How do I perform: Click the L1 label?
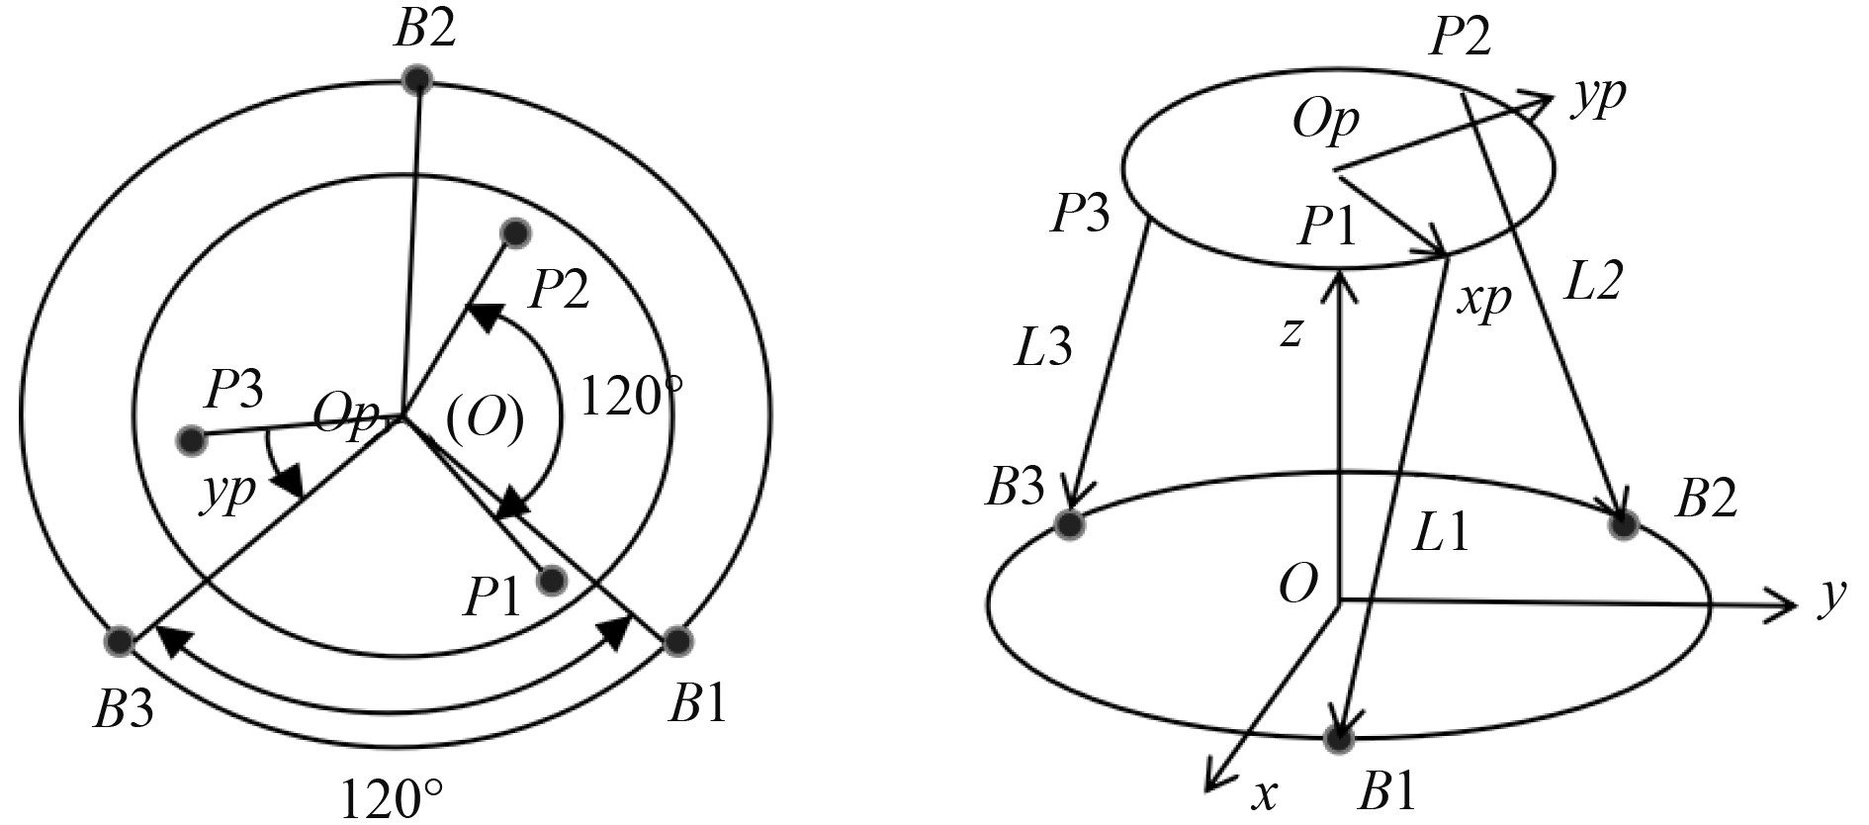pos(1441,534)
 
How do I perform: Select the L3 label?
pos(1043,348)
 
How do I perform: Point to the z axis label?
pos(1290,334)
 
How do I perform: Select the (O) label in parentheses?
pos(485,419)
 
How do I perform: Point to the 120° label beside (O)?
pos(631,398)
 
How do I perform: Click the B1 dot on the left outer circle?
pos(676,641)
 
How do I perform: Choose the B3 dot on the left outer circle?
pos(119,641)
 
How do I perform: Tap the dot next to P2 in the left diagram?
pos(515,232)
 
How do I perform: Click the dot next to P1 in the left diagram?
pos(552,581)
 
